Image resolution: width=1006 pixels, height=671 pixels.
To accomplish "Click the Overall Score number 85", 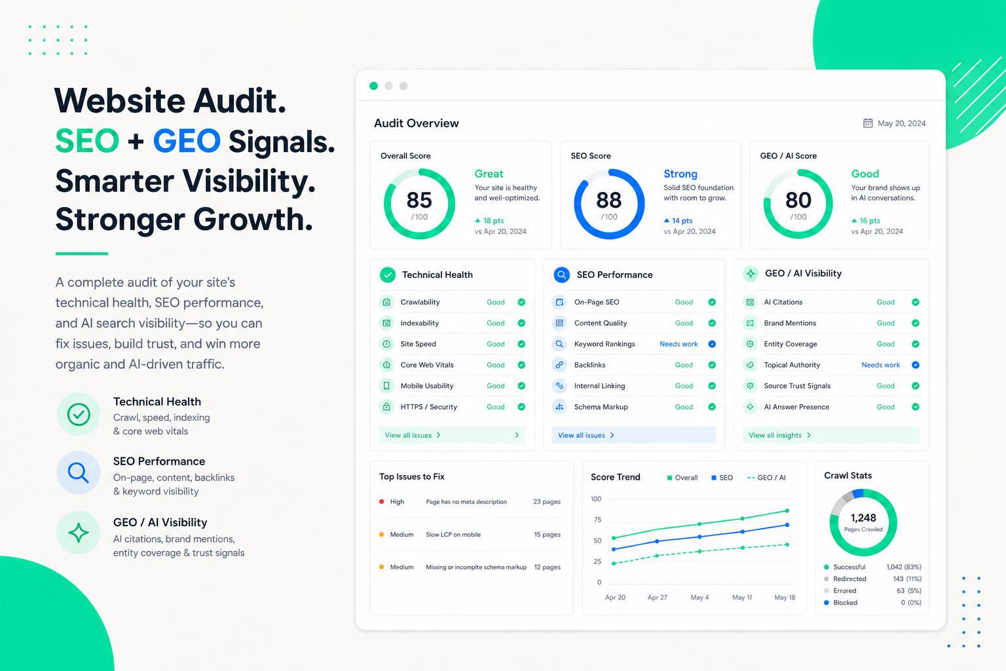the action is tap(419, 200).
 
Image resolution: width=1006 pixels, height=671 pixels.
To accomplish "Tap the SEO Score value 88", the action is tap(608, 200).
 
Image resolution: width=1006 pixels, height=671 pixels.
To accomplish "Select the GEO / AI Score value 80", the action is tap(798, 200).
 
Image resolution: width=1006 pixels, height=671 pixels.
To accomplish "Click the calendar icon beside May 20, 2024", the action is tap(868, 123).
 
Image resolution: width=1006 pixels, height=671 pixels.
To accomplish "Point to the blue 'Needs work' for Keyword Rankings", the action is tap(678, 344).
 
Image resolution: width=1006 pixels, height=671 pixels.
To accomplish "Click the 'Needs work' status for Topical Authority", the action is tap(880, 365).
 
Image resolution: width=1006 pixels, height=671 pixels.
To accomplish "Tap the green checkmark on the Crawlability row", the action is tap(521, 302).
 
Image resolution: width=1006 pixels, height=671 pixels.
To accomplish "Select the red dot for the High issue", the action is tap(381, 501).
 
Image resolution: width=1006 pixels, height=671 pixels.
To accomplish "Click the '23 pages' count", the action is tap(547, 501).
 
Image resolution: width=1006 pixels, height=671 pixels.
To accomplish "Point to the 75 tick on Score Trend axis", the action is tap(597, 520).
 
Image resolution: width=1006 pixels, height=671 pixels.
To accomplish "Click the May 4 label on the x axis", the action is tap(699, 598).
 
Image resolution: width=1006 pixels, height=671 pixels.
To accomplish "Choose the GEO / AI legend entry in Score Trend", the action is tap(766, 477).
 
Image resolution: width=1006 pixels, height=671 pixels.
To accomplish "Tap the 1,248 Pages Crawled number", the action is tap(863, 518).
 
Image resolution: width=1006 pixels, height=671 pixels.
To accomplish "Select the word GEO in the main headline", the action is tap(187, 141).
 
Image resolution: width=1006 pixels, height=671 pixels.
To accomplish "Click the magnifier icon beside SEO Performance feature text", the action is tap(78, 473).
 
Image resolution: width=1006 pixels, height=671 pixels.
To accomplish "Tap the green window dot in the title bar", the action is tap(373, 86).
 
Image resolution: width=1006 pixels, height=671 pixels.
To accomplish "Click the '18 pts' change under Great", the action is tap(489, 221).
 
